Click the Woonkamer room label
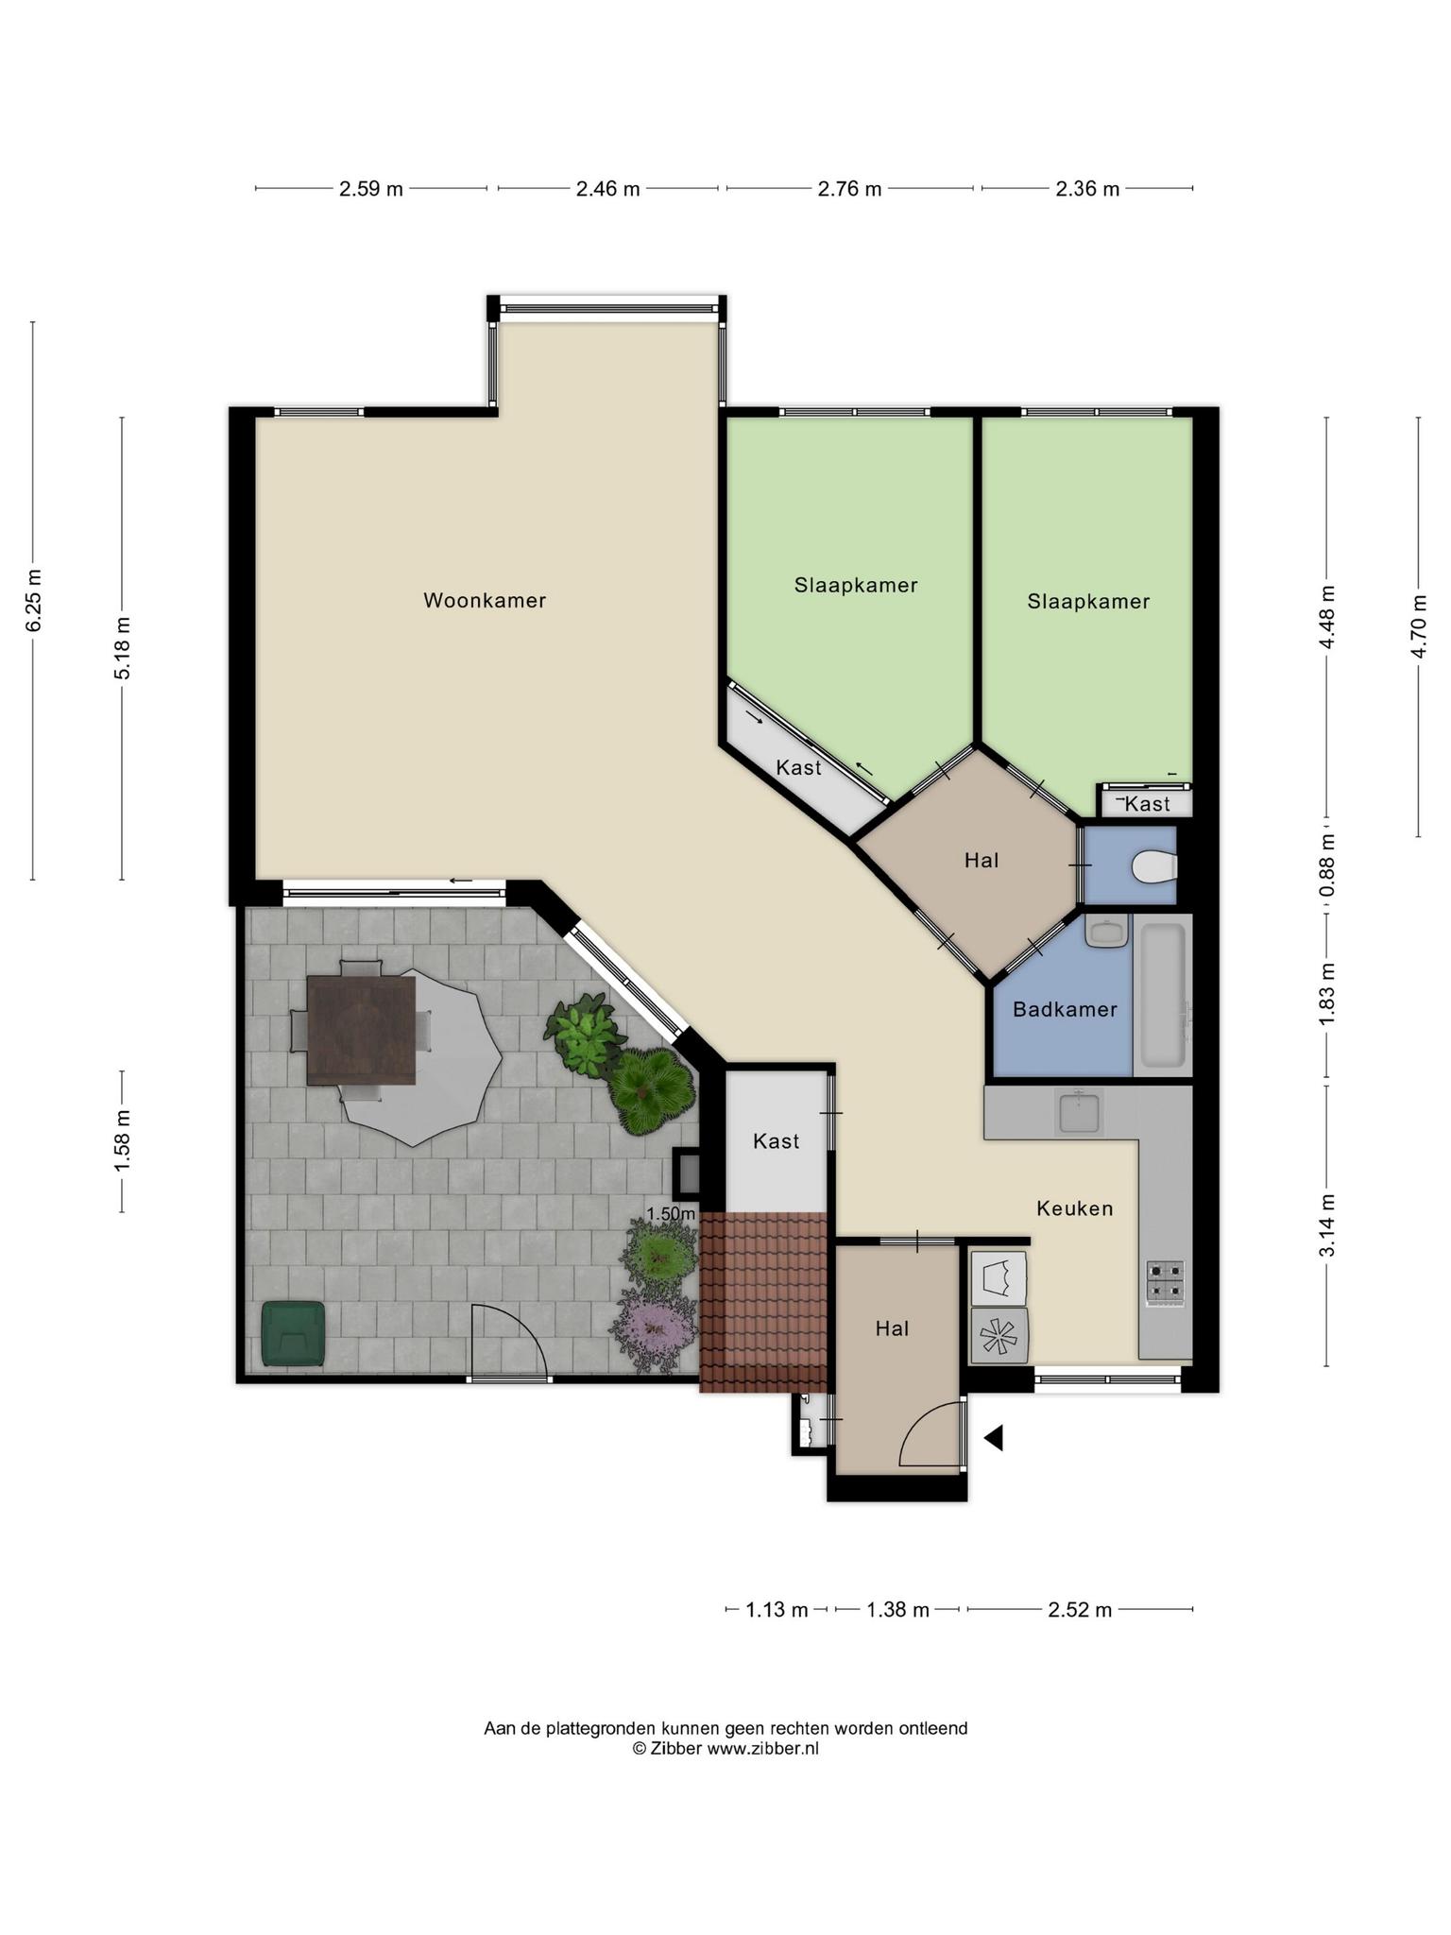pos(485,600)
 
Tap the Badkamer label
pos(1065,1009)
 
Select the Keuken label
pos(1074,1208)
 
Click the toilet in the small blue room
pos(1154,865)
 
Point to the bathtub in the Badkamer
pos(1163,996)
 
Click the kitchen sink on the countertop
pos(1079,1111)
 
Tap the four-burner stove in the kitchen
pos(1166,1282)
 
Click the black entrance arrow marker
pos(993,1438)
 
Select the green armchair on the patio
pos(293,1333)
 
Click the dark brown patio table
pos(361,1031)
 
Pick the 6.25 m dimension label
pos(34,600)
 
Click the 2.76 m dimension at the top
pos(849,189)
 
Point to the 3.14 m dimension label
pos(1327,1224)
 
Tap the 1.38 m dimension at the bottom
pos(897,1609)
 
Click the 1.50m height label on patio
pos(671,1213)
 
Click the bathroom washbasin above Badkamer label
pos(1107,932)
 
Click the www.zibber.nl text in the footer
pos(762,1748)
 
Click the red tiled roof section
pos(764,1302)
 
